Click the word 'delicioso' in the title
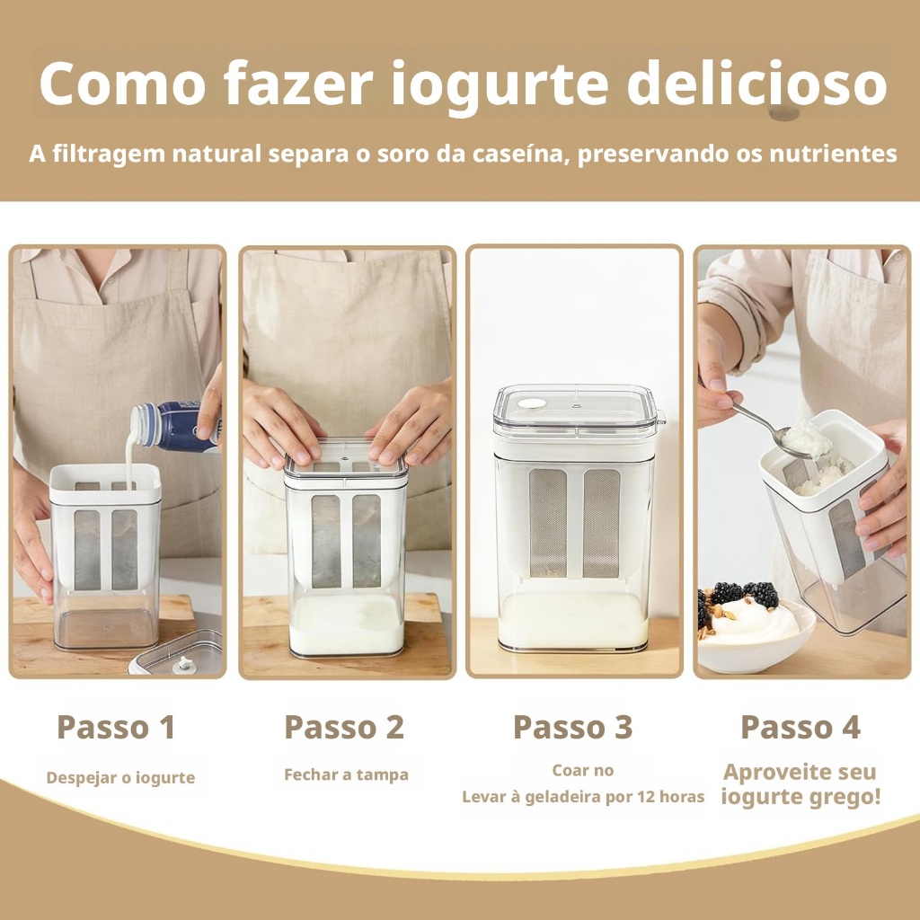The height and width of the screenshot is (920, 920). point(756,83)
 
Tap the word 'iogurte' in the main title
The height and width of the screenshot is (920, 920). point(500,85)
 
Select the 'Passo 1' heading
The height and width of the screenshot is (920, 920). point(116,727)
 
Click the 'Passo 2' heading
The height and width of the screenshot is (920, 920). point(344,727)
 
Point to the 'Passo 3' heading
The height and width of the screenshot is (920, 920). point(572,727)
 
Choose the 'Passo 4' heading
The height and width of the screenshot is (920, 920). point(801,727)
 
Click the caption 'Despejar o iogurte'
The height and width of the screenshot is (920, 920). point(121,777)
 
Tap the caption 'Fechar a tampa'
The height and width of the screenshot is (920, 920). point(346,774)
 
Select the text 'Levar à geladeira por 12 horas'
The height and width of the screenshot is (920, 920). point(583,797)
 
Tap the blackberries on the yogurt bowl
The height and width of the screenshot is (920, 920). point(741,597)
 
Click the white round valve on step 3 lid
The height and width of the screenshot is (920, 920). point(532,403)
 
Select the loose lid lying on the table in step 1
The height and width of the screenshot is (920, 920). point(176,653)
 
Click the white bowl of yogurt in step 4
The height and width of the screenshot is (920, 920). point(756,638)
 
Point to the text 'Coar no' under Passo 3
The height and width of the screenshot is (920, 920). point(582,770)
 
